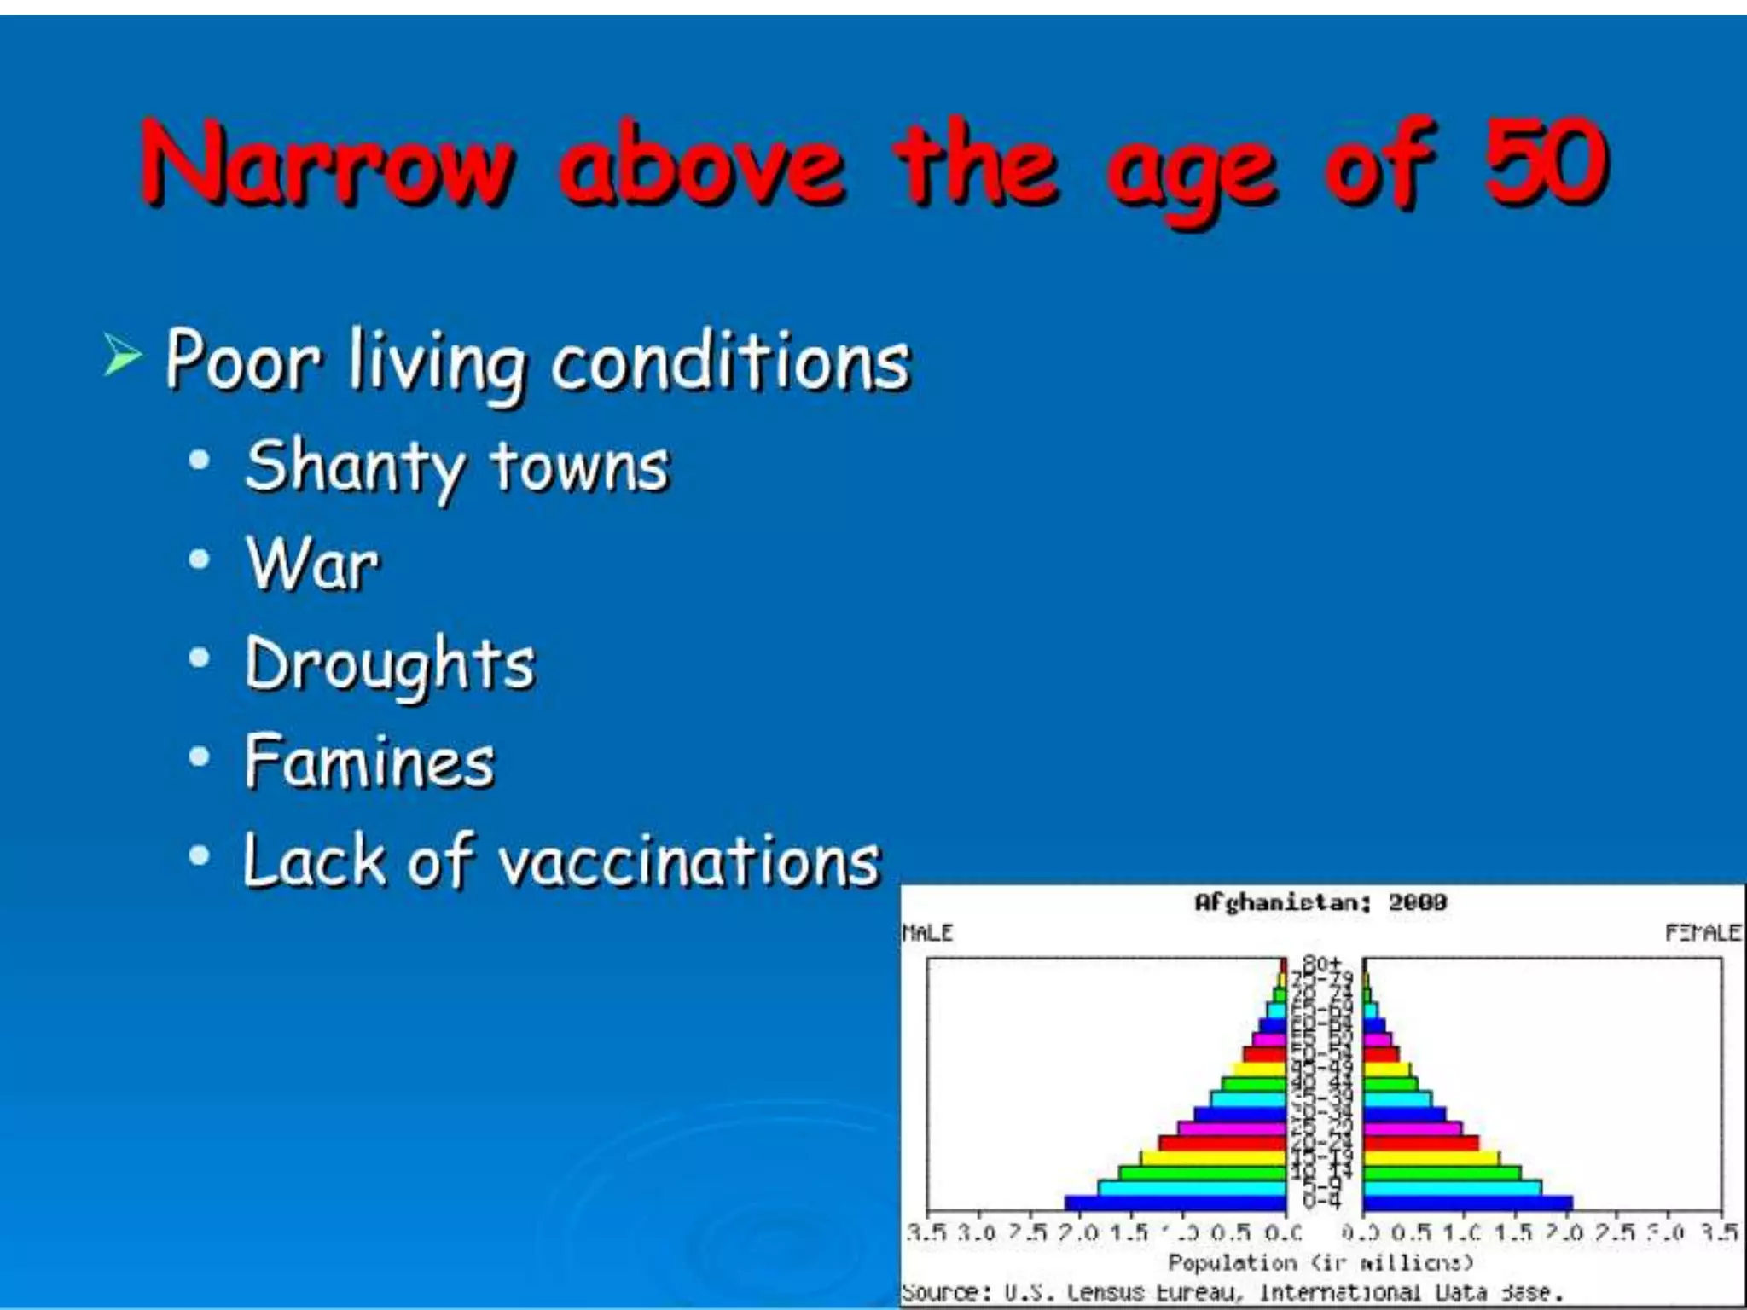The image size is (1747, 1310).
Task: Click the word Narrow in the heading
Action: pyautogui.click(x=328, y=164)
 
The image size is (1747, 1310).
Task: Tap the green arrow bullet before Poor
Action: pyautogui.click(x=122, y=355)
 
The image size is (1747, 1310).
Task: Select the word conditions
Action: pyautogui.click(x=731, y=362)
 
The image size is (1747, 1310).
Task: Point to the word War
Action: pyautogui.click(x=312, y=564)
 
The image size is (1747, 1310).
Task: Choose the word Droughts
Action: pyautogui.click(x=390, y=664)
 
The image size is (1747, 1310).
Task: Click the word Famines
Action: pyautogui.click(x=369, y=761)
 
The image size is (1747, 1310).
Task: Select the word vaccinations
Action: pyautogui.click(x=689, y=861)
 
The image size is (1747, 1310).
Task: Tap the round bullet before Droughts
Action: pyautogui.click(x=199, y=658)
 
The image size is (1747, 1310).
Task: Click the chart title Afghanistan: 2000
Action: pyautogui.click(x=1320, y=902)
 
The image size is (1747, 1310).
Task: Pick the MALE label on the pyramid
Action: pyautogui.click(x=927, y=933)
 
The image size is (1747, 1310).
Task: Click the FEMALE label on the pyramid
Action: pyautogui.click(x=1703, y=933)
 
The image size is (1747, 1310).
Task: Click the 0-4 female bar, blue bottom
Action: pyautogui.click(x=1467, y=1203)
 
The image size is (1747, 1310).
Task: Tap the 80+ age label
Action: pyautogui.click(x=1321, y=963)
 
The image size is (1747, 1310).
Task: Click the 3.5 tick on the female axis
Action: pyautogui.click(x=1719, y=1232)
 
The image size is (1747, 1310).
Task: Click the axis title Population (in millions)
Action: pyautogui.click(x=1320, y=1262)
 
